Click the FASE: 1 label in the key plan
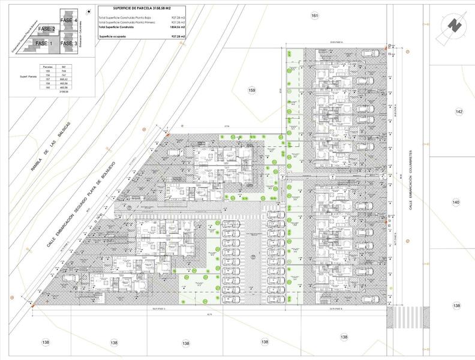pos(44,44)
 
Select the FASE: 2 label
pos(46,29)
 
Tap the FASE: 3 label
pos(68,44)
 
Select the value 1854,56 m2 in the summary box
pos(176,28)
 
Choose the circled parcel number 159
pos(252,90)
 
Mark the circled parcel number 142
pos(459,112)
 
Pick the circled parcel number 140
pos(456,203)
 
